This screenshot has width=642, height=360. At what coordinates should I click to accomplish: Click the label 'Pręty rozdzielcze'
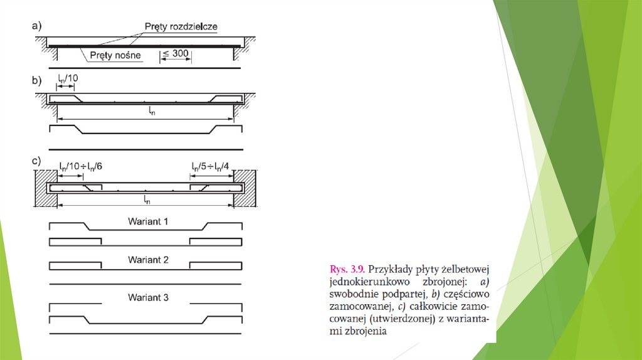coord(181,27)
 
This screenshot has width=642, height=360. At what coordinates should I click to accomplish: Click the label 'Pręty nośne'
coord(115,55)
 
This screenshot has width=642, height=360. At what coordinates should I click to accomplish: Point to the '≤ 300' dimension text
coord(176,54)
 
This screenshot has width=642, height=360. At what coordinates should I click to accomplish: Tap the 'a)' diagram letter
coord(36,26)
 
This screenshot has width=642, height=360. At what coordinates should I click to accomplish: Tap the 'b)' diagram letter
coord(36,80)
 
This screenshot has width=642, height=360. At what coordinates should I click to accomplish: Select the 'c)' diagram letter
coord(36,161)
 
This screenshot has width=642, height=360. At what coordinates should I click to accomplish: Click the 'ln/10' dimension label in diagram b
coord(68,78)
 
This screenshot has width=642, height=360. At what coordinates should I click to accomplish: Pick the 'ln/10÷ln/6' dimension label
coord(81,167)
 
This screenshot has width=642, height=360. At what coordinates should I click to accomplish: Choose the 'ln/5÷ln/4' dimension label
coord(210,167)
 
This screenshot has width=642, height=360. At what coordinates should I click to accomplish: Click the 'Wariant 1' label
coord(148,221)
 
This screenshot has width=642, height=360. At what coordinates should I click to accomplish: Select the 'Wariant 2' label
coord(148,260)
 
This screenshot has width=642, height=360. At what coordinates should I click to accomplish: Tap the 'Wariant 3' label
coord(148,298)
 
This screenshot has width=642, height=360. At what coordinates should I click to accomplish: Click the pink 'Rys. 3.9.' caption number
coord(347,270)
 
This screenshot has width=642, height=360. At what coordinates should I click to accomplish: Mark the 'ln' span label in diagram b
coord(152,110)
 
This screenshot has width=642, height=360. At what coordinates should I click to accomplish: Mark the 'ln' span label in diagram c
coord(147,200)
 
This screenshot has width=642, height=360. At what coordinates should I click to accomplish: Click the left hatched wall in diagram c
coord(46,188)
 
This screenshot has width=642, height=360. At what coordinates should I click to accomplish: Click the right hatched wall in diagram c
coord(245,188)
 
